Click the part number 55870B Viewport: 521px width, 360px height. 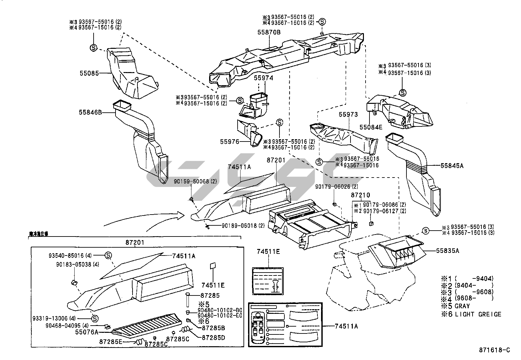point(269,32)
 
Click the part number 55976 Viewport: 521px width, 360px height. point(230,142)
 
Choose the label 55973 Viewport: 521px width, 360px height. point(348,115)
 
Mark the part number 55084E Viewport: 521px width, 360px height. point(371,127)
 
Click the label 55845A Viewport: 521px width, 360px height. point(452,166)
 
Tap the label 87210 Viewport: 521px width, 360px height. point(361,195)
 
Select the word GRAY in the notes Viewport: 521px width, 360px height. point(462,306)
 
